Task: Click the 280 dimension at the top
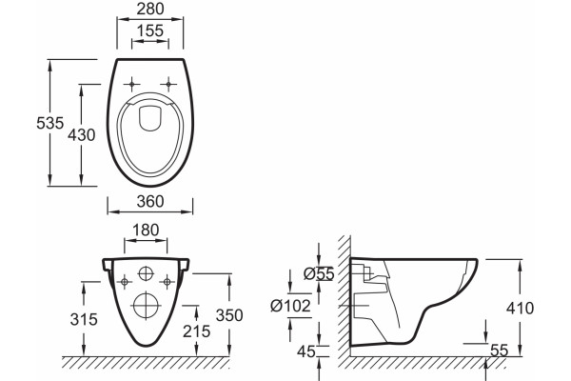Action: [150, 9]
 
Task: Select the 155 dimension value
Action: [150, 31]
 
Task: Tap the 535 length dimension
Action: [49, 123]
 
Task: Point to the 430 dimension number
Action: [82, 135]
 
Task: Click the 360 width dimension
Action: [150, 201]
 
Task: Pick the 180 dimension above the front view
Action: [146, 231]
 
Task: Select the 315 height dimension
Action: [84, 319]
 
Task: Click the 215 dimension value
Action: [197, 331]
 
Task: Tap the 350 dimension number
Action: [229, 315]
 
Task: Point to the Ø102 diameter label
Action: [290, 306]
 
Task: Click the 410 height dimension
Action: [520, 308]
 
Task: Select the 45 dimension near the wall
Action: [305, 351]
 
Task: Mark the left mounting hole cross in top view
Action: [131, 85]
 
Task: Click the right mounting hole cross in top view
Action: [168, 85]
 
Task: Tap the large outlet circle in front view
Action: [146, 305]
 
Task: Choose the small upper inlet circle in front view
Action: [146, 273]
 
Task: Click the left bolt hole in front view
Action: [125, 282]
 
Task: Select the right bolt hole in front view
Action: [167, 282]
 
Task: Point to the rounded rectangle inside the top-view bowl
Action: [150, 118]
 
